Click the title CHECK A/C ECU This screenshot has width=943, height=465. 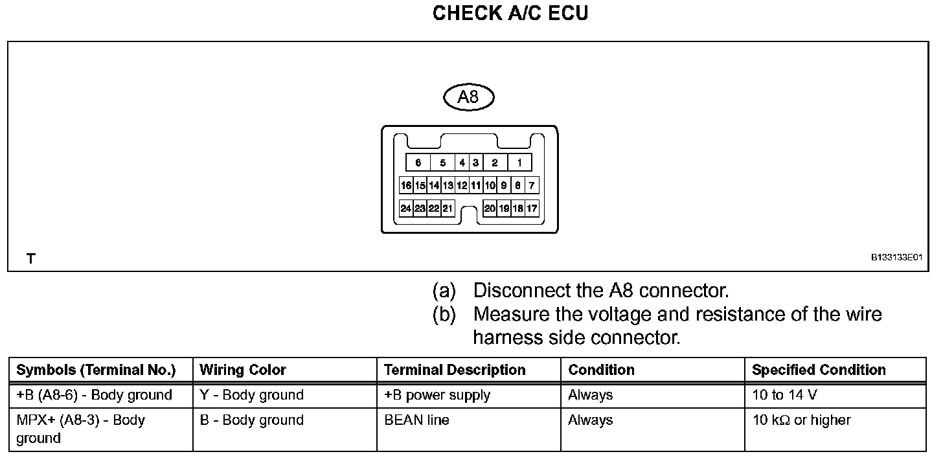click(510, 14)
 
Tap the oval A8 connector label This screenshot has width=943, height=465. click(468, 98)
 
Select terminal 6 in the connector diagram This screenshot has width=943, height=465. click(418, 163)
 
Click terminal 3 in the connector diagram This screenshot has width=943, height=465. click(475, 163)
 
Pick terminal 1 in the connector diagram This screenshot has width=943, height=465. click(519, 163)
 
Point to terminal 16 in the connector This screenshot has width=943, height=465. click(406, 186)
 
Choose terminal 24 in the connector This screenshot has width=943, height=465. click(406, 209)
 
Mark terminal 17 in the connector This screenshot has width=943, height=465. click(532, 209)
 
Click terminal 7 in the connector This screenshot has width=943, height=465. click(532, 186)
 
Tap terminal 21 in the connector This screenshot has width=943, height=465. click(448, 209)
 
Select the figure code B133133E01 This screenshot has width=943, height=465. click(896, 258)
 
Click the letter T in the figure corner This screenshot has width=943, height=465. click(30, 259)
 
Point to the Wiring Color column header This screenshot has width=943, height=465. click(243, 370)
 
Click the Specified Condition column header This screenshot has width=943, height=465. click(819, 370)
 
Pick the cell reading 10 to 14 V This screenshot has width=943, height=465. click(777, 395)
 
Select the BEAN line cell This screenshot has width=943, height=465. click(416, 420)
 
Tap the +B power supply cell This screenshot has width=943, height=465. click(437, 395)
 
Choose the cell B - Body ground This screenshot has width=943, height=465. click(251, 420)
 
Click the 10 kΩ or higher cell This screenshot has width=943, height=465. click(801, 420)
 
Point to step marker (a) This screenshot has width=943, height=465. click(444, 291)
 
